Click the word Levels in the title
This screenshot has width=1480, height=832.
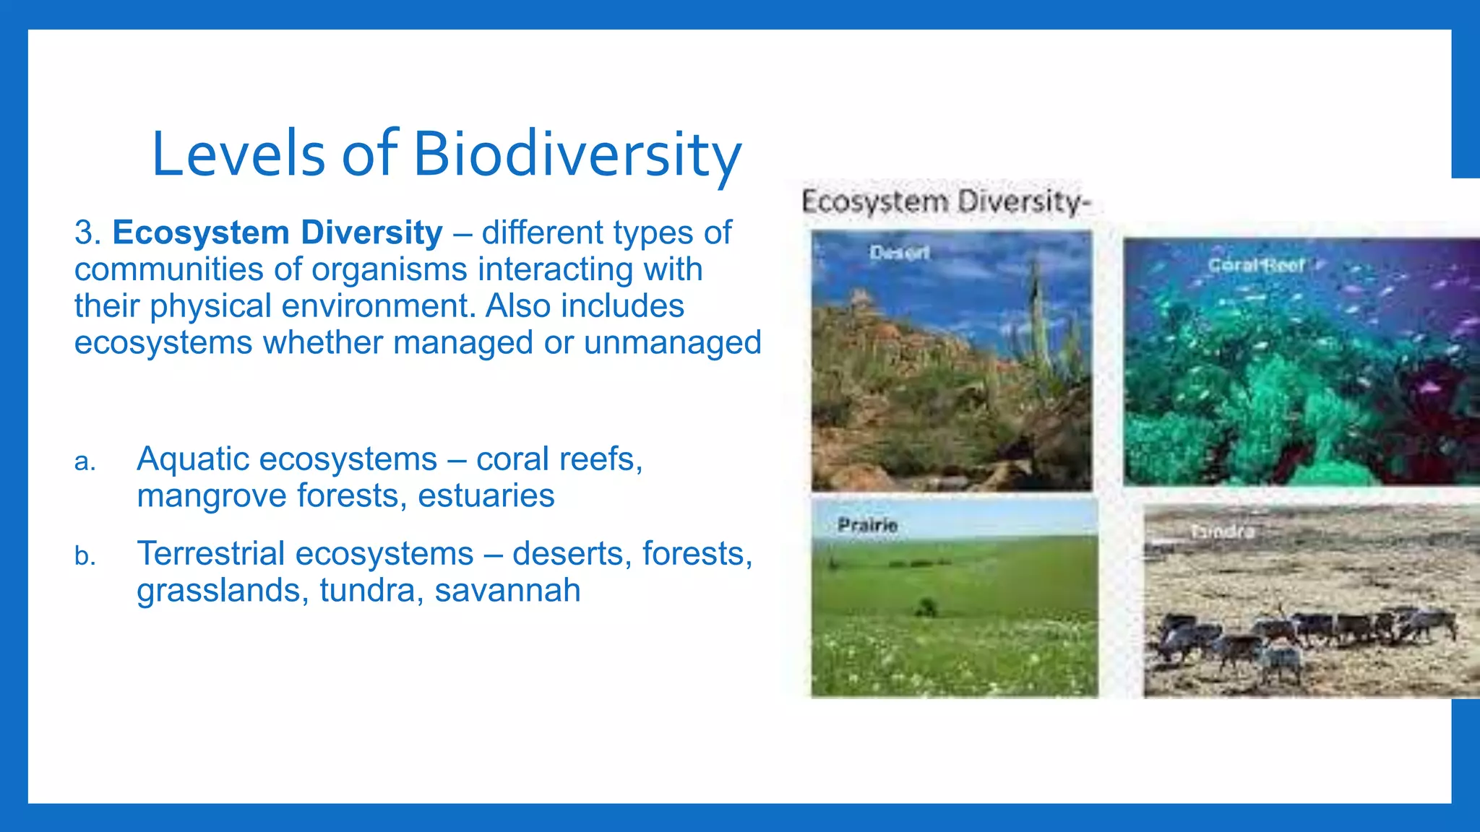(238, 154)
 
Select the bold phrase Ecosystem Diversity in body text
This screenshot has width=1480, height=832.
(277, 233)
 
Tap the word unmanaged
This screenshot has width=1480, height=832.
(672, 342)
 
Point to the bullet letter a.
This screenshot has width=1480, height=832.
(85, 461)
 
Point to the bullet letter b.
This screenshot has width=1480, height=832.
(85, 556)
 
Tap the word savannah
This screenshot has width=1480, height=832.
(507, 590)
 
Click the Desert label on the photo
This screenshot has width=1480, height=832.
(899, 253)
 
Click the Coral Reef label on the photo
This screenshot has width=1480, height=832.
(1256, 265)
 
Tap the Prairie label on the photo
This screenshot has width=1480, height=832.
(867, 525)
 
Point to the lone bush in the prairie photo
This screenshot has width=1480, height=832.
(925, 607)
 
